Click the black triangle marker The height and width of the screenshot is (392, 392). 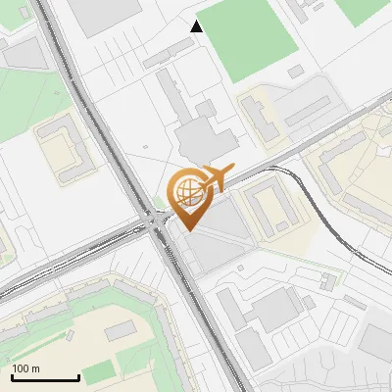[197, 26]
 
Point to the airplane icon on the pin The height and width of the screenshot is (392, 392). [215, 177]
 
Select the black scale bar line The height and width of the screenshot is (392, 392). [45, 378]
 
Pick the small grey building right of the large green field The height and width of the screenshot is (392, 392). [295, 72]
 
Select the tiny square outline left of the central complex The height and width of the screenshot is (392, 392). [145, 149]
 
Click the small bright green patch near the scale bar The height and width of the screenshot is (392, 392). [98, 372]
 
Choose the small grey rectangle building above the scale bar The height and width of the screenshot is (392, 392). [120, 331]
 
